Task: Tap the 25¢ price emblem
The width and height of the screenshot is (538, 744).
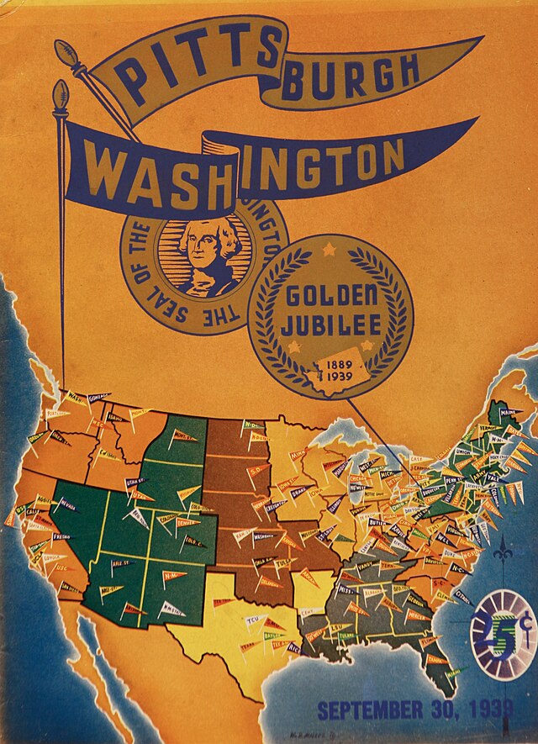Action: pyautogui.click(x=502, y=636)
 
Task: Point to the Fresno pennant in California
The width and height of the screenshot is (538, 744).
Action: pyautogui.click(x=61, y=536)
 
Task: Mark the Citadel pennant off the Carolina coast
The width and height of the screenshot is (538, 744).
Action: pyautogui.click(x=462, y=594)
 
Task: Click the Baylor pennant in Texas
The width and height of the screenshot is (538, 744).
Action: pyautogui.click(x=272, y=635)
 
